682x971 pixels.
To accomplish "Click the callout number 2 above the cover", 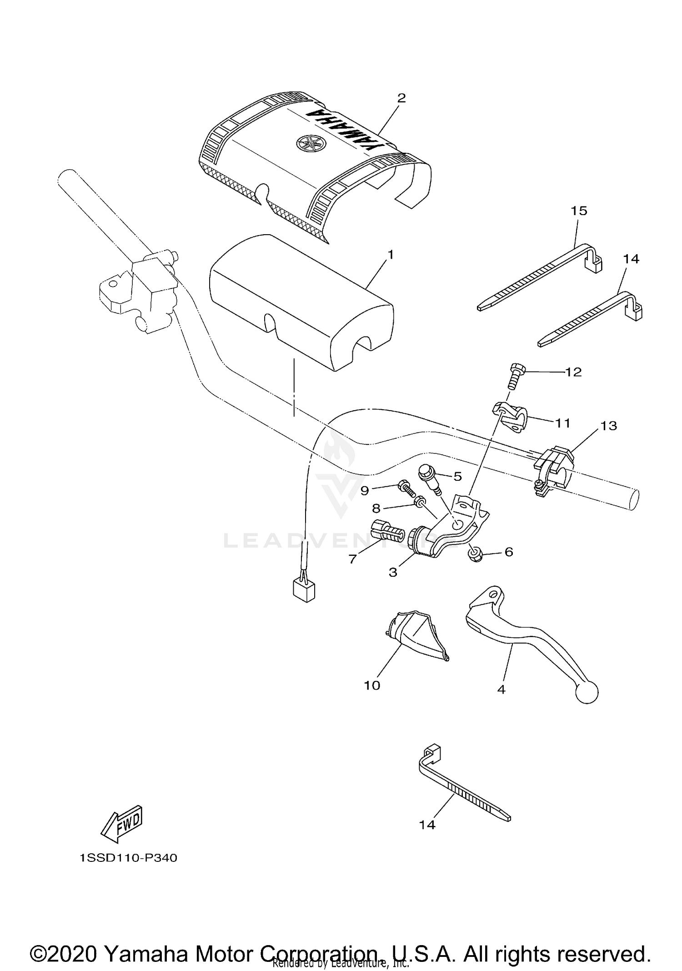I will pyautogui.click(x=401, y=98).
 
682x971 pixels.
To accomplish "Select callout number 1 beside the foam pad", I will pyautogui.click(x=390, y=255).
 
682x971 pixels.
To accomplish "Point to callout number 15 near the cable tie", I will pyautogui.click(x=579, y=211).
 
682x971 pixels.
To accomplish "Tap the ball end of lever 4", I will pyautogui.click(x=587, y=693).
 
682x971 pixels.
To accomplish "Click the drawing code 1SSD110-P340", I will pyautogui.click(x=128, y=858).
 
